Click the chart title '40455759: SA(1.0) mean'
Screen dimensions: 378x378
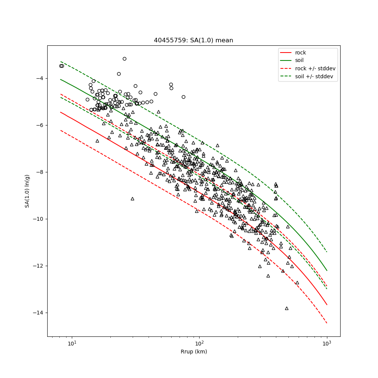pos(193,40)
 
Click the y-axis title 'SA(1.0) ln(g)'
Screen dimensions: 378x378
pos(27,191)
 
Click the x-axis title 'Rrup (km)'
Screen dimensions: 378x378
pos(194,352)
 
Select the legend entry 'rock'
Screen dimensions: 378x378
pos(301,53)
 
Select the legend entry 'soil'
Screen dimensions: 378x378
pos(299,60)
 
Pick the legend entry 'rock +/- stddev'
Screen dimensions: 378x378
pos(315,68)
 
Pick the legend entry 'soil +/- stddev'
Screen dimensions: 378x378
pos(315,76)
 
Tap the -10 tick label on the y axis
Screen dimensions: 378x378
pos(38,219)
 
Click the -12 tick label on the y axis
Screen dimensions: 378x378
pos(38,266)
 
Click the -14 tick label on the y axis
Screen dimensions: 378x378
pos(38,313)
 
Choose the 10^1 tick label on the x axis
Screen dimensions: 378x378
pos(72,343)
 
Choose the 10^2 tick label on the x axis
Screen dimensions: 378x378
pos(199,343)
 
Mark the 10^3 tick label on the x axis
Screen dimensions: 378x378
pos(327,343)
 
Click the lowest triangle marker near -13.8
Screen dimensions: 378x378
pos(287,308)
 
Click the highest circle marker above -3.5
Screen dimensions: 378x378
pos(124,59)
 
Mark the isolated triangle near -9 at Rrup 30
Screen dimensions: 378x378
pos(132,198)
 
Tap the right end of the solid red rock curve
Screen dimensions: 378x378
pos(327,305)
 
